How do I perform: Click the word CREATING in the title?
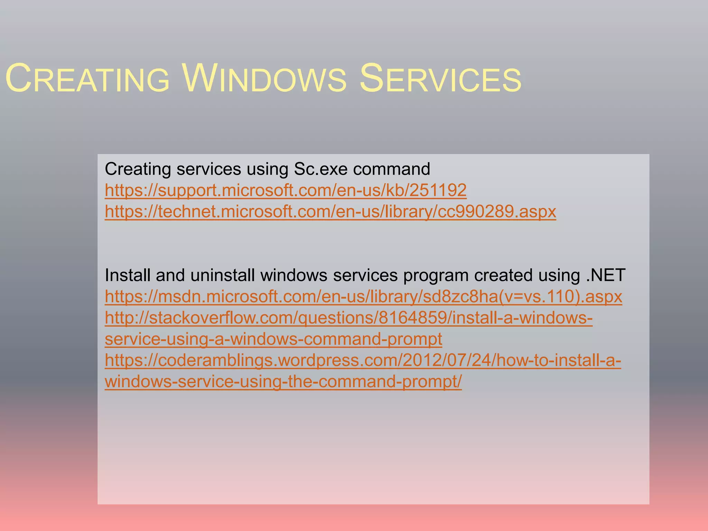87,79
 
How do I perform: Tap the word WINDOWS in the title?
264,79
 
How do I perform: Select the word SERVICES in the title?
440,79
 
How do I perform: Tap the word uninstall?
223,276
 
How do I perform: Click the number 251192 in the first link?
438,190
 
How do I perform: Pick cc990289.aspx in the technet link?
497,212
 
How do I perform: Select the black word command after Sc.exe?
391,169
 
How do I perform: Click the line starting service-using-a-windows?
273,339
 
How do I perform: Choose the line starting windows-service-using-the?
283,382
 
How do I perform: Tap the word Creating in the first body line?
138,169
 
